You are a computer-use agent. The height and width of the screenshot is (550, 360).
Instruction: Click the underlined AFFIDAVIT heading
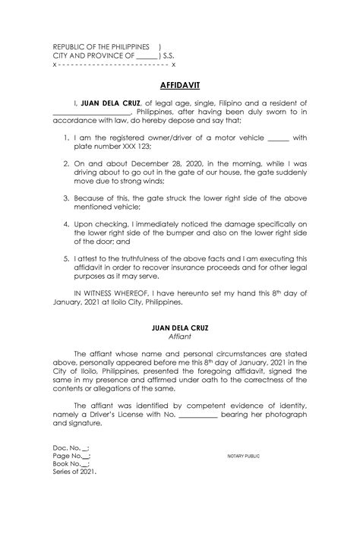179,85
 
